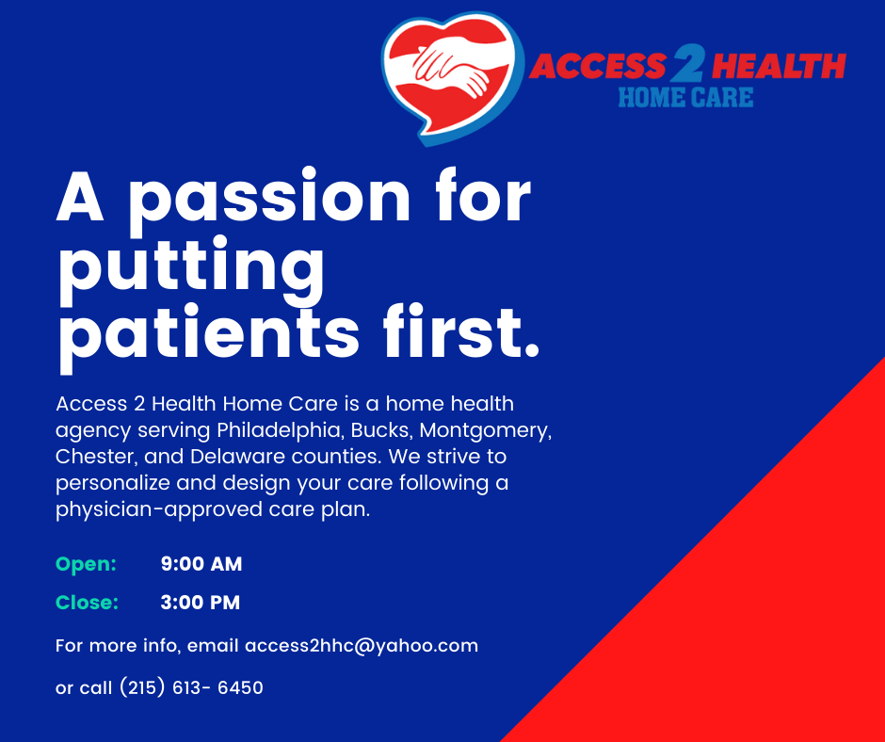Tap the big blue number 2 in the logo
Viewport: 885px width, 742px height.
[x=687, y=64]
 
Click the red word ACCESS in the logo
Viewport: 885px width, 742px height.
[x=598, y=66]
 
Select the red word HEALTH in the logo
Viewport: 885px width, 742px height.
[x=779, y=66]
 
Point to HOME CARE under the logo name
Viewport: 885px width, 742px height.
[x=685, y=98]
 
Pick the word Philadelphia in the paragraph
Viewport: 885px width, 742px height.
[x=281, y=430]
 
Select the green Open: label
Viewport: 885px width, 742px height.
[x=86, y=564]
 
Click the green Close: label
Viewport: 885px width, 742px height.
[x=87, y=603]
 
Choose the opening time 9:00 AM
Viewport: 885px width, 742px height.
[x=201, y=564]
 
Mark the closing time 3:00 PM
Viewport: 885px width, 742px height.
[x=201, y=603]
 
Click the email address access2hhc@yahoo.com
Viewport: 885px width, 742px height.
[x=362, y=646]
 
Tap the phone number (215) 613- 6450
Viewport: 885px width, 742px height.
[x=191, y=687]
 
